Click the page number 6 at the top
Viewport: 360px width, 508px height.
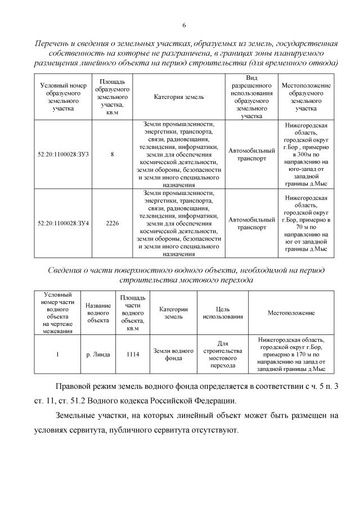coord(184,25)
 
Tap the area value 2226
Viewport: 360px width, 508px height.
coord(112,223)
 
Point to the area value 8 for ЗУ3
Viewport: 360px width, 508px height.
coord(112,153)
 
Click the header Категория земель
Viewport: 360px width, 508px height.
coord(179,97)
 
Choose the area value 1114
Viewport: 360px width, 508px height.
coord(133,355)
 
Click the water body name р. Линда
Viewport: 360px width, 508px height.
coord(98,355)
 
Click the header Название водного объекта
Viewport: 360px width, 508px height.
coord(98,312)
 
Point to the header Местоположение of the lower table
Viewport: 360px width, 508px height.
coord(291,312)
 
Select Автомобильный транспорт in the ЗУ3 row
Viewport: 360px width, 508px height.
coord(251,153)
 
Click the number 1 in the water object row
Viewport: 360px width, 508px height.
coord(58,355)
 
